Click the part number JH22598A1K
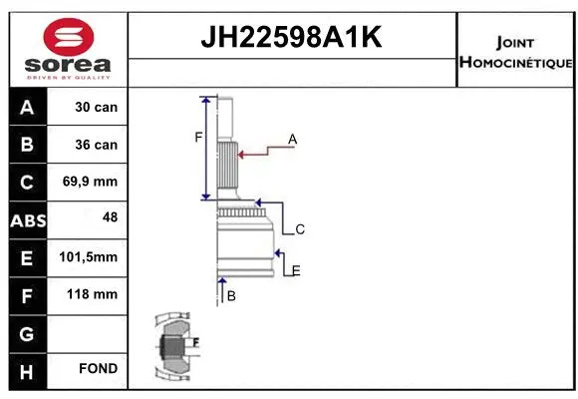[x=292, y=38]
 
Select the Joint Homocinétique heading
[x=515, y=53]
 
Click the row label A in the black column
[x=26, y=107]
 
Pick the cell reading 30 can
[x=97, y=107]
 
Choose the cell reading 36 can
[x=97, y=145]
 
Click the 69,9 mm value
[x=97, y=183]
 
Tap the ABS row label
[x=26, y=219]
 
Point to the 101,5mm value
[x=97, y=257]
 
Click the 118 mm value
[x=97, y=294]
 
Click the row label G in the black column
[x=26, y=332]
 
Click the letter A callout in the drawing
[x=293, y=140]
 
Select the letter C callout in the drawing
[x=299, y=229]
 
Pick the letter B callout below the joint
[x=230, y=296]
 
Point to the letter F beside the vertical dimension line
[x=197, y=138]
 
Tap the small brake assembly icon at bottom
[x=174, y=347]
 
